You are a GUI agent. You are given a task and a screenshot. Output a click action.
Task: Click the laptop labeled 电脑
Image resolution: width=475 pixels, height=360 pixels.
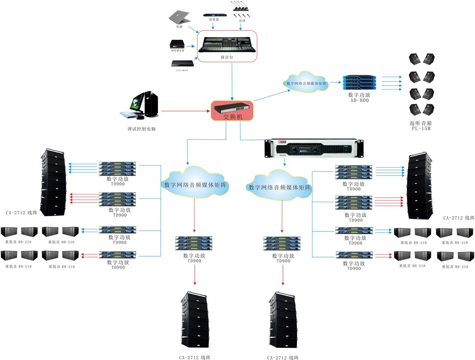(x=179, y=17)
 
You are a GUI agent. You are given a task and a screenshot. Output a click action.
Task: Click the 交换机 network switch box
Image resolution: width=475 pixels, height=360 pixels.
(x=232, y=111)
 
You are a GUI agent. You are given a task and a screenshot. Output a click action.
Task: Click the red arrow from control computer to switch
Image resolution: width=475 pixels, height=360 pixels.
(x=185, y=110)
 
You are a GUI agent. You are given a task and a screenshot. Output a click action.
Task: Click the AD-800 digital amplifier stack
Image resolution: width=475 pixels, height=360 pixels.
(x=358, y=83)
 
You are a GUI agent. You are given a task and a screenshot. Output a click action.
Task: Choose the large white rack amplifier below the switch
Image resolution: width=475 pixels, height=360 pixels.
(x=314, y=148)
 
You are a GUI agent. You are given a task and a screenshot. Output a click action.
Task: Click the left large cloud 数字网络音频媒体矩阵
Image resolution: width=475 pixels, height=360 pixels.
(x=195, y=184)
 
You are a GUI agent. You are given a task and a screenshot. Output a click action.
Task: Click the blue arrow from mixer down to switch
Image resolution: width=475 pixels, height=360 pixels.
(x=232, y=80)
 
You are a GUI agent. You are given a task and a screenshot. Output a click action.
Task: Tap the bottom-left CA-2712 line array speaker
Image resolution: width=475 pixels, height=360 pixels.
(x=195, y=320)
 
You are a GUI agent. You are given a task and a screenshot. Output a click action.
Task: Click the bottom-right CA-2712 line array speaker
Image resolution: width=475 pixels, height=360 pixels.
(x=284, y=320)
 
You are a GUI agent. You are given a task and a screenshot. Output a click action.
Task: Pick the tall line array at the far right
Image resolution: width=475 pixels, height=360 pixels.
(x=420, y=186)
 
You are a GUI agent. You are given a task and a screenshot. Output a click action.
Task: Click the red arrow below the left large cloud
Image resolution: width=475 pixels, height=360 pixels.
(x=195, y=215)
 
